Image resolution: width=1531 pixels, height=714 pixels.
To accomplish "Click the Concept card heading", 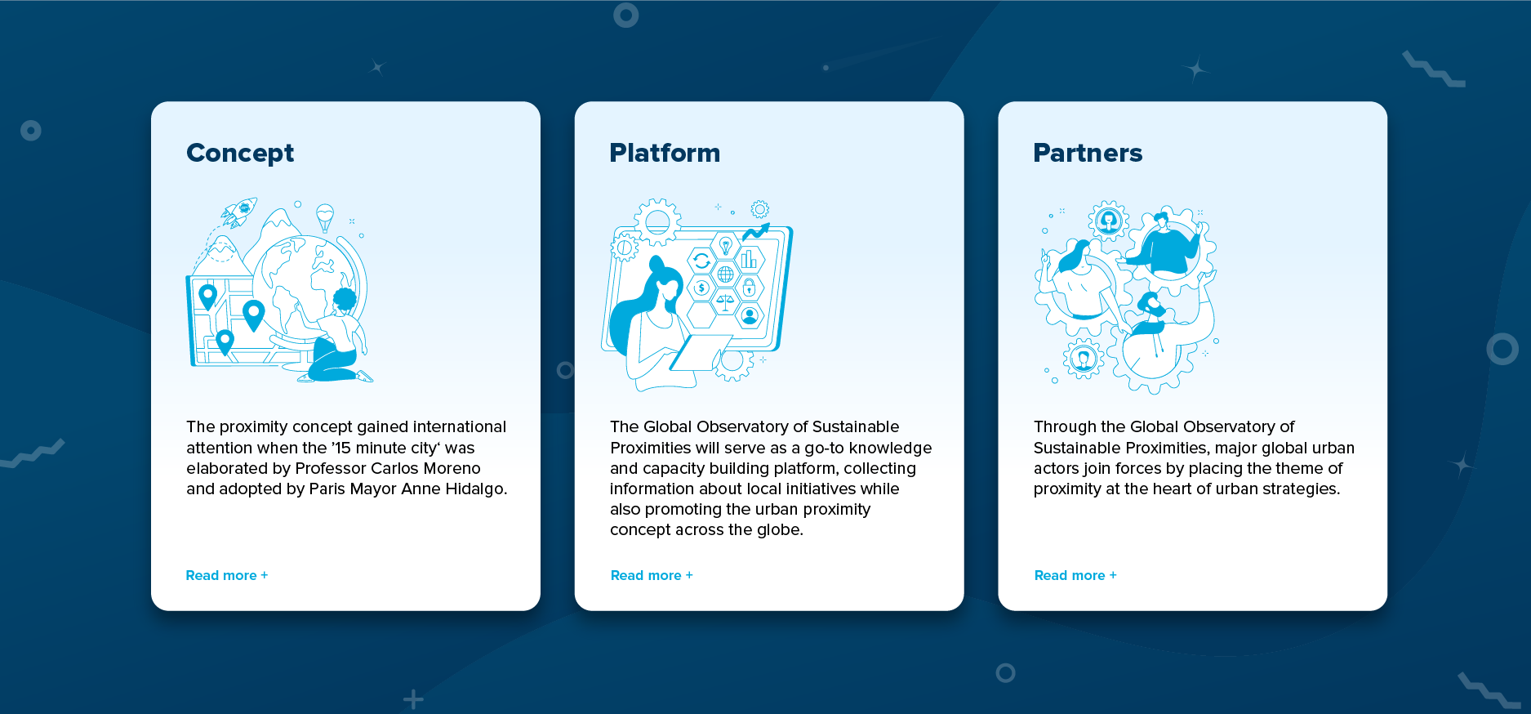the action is [240, 154].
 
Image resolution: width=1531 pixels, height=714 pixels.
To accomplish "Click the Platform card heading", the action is [665, 153].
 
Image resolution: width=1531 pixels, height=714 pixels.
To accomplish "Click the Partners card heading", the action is [1088, 153].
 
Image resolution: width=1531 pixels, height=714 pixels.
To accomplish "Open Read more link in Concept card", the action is [227, 575].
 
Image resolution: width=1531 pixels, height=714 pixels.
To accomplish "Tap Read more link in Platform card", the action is [652, 575].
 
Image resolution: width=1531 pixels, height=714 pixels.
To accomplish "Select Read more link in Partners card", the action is [1075, 575].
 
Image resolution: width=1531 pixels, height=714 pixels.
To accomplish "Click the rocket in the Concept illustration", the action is [239, 212].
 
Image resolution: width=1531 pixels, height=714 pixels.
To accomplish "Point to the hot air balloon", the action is [325, 216].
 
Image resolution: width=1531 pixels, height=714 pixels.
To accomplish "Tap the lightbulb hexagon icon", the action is [725, 244].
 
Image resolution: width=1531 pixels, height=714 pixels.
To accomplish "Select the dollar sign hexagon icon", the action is [701, 288].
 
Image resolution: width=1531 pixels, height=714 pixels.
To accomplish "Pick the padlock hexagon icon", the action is [749, 288].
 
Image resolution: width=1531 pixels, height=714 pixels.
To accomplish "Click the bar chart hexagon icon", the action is [749, 261].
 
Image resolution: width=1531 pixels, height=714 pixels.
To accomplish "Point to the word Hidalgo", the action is [476, 489].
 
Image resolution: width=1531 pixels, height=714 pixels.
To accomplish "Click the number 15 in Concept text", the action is [343, 448].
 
